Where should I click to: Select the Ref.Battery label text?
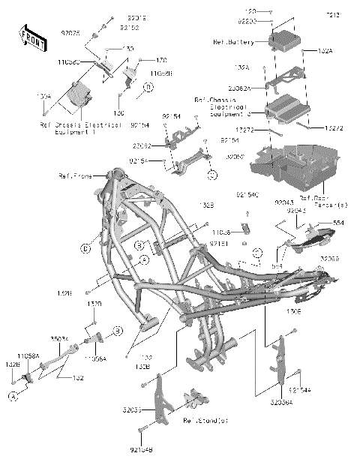coord(235,43)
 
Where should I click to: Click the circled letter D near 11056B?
coord(148,88)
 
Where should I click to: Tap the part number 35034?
coord(59,339)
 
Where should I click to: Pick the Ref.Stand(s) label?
coord(205,421)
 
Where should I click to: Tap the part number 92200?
coord(248,22)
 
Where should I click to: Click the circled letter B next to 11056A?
coord(117,330)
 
